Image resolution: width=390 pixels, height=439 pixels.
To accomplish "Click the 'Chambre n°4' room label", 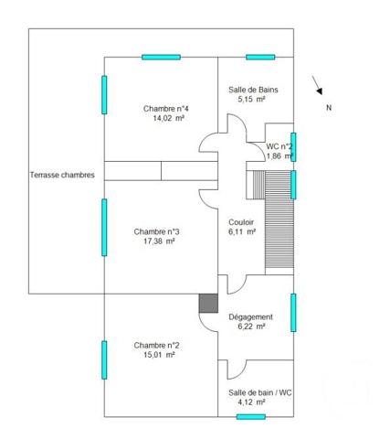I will click(165, 108).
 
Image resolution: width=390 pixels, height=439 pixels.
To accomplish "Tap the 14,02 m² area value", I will click(165, 118).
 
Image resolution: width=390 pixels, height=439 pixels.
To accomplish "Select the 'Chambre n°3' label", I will click(156, 231).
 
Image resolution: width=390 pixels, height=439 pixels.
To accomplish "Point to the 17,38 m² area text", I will click(156, 241).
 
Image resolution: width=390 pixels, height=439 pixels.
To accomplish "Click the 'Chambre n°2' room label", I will click(156, 345).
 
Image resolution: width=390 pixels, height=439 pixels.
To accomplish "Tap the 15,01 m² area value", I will click(156, 356).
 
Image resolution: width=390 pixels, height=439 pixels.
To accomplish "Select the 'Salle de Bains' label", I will click(253, 90).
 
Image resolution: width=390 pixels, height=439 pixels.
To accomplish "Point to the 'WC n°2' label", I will click(279, 146).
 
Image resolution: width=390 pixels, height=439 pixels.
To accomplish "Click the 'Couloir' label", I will click(242, 221).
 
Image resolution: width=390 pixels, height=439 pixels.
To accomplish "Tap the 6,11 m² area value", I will click(242, 232).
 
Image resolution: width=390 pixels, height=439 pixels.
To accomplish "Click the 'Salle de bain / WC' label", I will click(259, 391).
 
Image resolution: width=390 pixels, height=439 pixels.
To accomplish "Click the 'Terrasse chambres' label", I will click(62, 175).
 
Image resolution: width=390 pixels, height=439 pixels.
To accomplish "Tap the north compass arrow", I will click(317, 85).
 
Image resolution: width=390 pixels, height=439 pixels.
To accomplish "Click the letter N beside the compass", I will click(329, 108).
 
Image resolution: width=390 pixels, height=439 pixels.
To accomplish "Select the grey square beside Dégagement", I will click(208, 305).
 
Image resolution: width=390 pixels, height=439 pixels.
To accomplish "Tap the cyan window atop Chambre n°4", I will click(161, 57).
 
